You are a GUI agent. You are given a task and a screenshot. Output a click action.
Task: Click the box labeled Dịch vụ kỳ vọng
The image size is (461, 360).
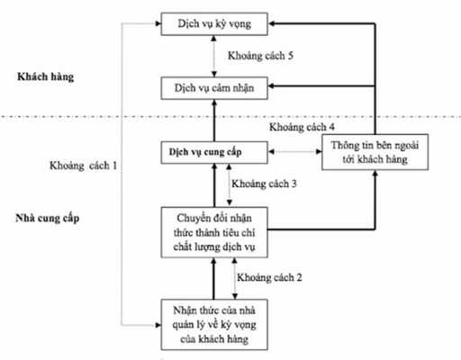pos(214,22)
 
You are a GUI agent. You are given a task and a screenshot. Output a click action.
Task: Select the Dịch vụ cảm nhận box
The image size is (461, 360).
pos(214,87)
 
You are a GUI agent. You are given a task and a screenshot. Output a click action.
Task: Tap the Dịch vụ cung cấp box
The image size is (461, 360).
pos(214,152)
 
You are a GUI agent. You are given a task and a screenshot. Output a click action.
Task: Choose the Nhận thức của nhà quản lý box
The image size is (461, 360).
pos(214,323)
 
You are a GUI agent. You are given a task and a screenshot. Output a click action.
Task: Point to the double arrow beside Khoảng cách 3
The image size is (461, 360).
pos(228,186)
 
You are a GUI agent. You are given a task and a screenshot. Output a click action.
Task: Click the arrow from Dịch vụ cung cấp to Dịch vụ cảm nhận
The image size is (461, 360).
pos(214,120)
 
